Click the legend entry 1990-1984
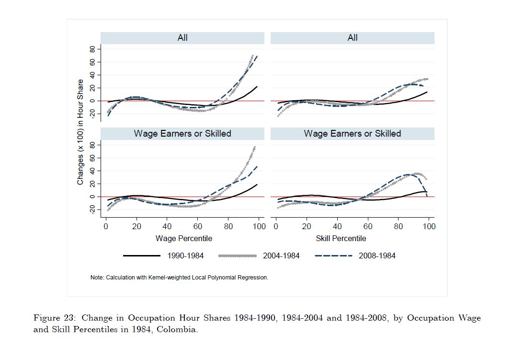[x=185, y=255]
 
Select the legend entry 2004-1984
[x=281, y=255]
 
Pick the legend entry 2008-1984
[x=377, y=255]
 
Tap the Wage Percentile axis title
[x=183, y=238]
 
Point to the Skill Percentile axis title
[x=341, y=238]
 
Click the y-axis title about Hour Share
[x=80, y=132]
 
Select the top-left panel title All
[x=182, y=38]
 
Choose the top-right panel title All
[x=353, y=38]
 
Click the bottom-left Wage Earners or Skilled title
[x=182, y=134]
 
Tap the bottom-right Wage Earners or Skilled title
[x=353, y=134]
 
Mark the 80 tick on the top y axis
[x=92, y=49]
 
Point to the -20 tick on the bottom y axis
[x=92, y=210]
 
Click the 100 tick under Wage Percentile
[x=259, y=226]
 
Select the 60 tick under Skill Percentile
[x=368, y=226]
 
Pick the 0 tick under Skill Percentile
[x=276, y=226]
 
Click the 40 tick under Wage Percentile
[x=167, y=226]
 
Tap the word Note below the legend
[x=97, y=278]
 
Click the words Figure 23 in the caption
[x=54, y=318]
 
